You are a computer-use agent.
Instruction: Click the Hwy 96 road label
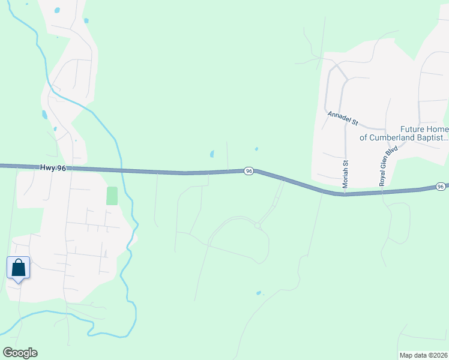[x=53, y=169]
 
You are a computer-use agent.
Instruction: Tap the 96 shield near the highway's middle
[x=249, y=171]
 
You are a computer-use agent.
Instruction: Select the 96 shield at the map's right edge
[x=441, y=187]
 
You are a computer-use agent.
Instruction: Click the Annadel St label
[x=343, y=118]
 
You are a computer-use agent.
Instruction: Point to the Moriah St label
[x=346, y=174]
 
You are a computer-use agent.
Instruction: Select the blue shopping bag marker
[x=18, y=268]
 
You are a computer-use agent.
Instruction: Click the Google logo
[x=20, y=353]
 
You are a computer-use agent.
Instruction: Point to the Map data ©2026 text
[x=423, y=355]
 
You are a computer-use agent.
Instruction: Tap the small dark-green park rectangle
[x=112, y=196]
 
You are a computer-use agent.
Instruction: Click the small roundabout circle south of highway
[x=257, y=226]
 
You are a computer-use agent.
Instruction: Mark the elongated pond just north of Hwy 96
[x=212, y=154]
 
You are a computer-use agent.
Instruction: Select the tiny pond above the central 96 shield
[x=256, y=149]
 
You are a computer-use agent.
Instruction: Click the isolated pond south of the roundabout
[x=259, y=293]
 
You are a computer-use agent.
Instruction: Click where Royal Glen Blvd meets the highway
[x=382, y=192]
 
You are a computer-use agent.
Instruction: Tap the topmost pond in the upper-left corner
[x=57, y=10]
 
